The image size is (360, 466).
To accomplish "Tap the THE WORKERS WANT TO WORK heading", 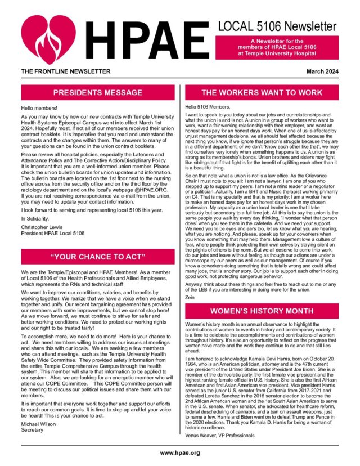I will tap(262, 93).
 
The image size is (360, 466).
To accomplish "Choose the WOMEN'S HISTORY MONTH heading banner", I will tap(262, 311).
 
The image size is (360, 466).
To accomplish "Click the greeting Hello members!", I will tap(37, 107).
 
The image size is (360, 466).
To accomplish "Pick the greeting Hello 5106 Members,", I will tap(209, 107).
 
